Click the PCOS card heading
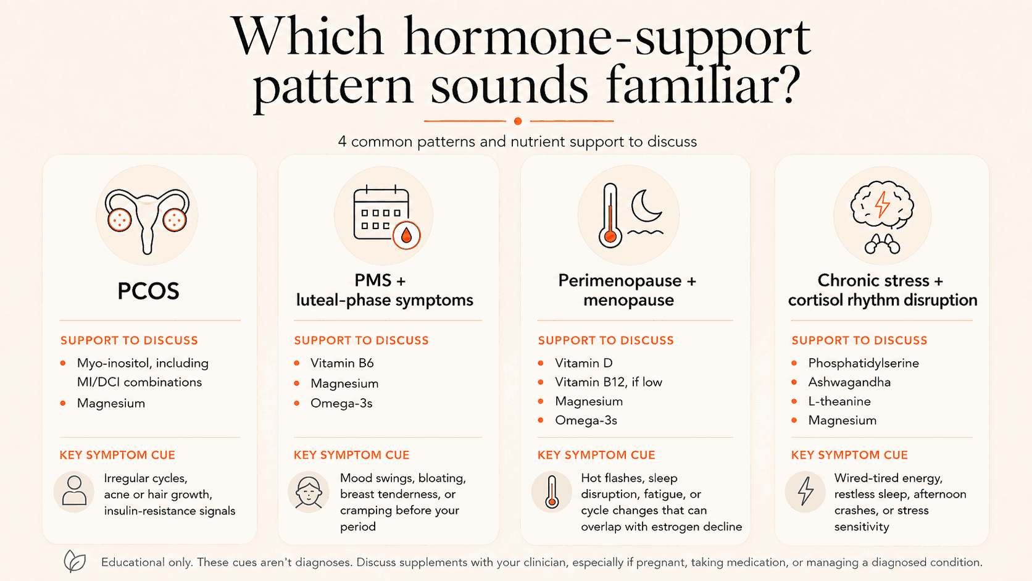148,291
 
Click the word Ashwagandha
849,382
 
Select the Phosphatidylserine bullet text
863,363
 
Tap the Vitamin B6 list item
342,363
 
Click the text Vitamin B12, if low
608,382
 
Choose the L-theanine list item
839,401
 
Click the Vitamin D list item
584,363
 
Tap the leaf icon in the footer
75,561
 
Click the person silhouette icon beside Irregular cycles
74,491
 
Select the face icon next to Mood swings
308,492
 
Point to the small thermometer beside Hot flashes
551,491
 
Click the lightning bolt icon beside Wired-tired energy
805,491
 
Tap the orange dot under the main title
518,121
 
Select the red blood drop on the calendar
406,235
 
